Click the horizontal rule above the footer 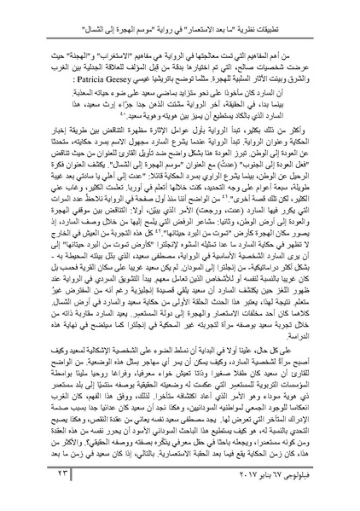pos(180,481)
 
